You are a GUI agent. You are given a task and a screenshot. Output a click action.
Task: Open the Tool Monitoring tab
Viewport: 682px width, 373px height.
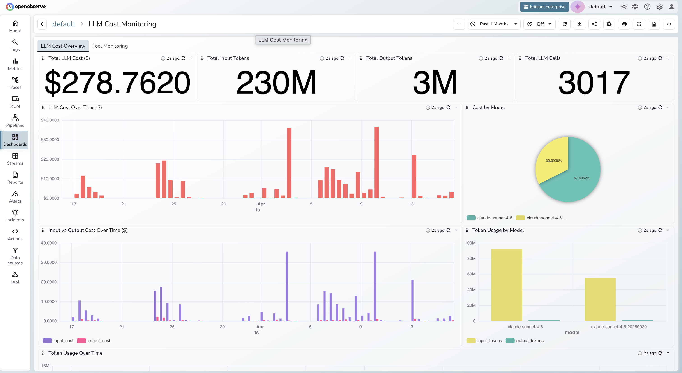110,46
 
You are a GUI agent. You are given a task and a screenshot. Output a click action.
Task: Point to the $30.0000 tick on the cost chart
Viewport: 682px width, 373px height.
50,140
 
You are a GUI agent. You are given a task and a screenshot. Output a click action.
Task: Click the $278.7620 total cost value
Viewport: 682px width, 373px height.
118,82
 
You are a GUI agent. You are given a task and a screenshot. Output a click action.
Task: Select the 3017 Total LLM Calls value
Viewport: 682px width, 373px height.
594,82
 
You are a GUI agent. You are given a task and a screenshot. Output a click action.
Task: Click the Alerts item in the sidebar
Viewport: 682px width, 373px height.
15,197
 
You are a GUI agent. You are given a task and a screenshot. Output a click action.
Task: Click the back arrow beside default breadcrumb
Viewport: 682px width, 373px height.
42,24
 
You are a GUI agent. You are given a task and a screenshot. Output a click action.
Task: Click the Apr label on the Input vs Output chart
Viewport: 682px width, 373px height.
260,327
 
